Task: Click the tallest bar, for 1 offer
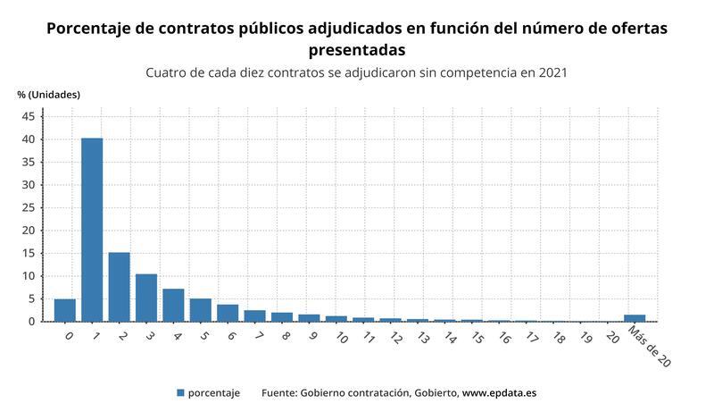tap(92, 230)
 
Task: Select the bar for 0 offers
tap(65, 310)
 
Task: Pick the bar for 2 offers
tap(119, 287)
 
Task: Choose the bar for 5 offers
tap(200, 310)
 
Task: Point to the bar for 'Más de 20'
tap(635, 318)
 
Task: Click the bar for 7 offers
tap(254, 315)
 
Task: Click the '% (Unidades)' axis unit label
tap(48, 94)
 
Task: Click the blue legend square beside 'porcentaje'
tap(180, 392)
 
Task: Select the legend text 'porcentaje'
tap(214, 392)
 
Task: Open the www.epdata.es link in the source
tap(499, 392)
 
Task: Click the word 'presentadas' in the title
tap(356, 49)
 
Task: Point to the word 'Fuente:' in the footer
tap(278, 392)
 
